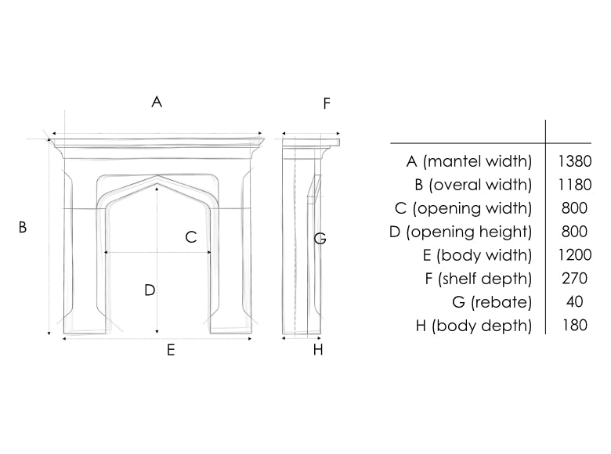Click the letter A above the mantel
click(157, 102)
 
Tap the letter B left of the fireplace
click(23, 227)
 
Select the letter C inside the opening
click(191, 237)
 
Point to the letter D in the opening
click(150, 290)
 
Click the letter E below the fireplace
click(171, 351)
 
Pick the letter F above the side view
click(327, 103)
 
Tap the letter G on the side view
click(320, 238)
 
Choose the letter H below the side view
click(318, 350)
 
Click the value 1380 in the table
click(575, 161)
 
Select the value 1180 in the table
click(575, 185)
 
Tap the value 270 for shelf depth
click(575, 279)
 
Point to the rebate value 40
click(575, 302)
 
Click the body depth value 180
click(575, 325)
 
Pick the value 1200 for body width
click(575, 255)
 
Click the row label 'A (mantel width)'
click(469, 161)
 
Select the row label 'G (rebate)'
click(492, 302)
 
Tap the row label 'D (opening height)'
click(461, 232)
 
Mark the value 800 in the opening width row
click(575, 208)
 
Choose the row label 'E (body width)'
click(477, 255)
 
